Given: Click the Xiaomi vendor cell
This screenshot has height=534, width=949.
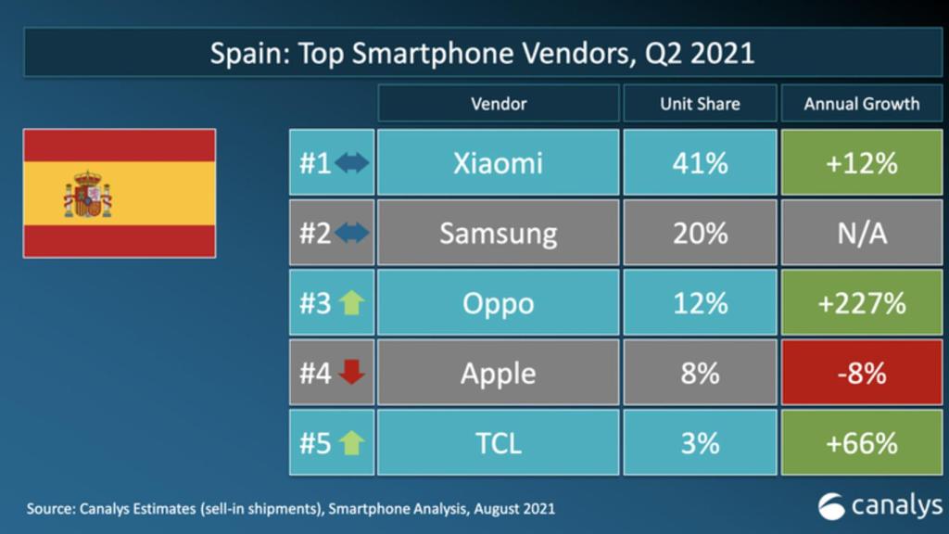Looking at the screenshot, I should [498, 163].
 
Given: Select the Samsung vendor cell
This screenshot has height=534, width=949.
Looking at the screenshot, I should [498, 233].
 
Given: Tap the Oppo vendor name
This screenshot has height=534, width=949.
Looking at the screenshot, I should [498, 303].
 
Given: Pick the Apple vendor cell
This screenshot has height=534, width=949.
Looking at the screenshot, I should [498, 373].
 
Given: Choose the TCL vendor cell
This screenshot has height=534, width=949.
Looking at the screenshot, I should [498, 442].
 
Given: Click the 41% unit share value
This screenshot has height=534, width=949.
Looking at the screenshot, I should [700, 163].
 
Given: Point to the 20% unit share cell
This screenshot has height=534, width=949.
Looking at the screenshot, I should [700, 233].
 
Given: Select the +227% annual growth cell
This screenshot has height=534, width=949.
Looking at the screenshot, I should [861, 303].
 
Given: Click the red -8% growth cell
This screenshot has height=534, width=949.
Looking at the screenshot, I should [861, 373].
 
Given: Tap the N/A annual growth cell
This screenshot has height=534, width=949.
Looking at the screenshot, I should [861, 233].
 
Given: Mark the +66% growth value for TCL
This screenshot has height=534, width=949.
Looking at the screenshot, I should [861, 442].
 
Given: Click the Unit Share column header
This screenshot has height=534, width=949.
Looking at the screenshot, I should [700, 104].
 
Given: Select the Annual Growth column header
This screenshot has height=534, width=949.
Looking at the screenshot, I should [861, 104].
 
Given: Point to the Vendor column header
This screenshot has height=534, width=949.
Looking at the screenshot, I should [498, 104].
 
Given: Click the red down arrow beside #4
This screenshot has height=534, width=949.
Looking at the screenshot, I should [352, 373].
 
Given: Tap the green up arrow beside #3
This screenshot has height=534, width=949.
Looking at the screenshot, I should [352, 303].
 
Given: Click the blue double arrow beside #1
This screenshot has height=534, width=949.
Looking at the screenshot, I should [352, 163].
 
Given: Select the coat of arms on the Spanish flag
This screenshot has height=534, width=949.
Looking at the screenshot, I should [87, 194].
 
